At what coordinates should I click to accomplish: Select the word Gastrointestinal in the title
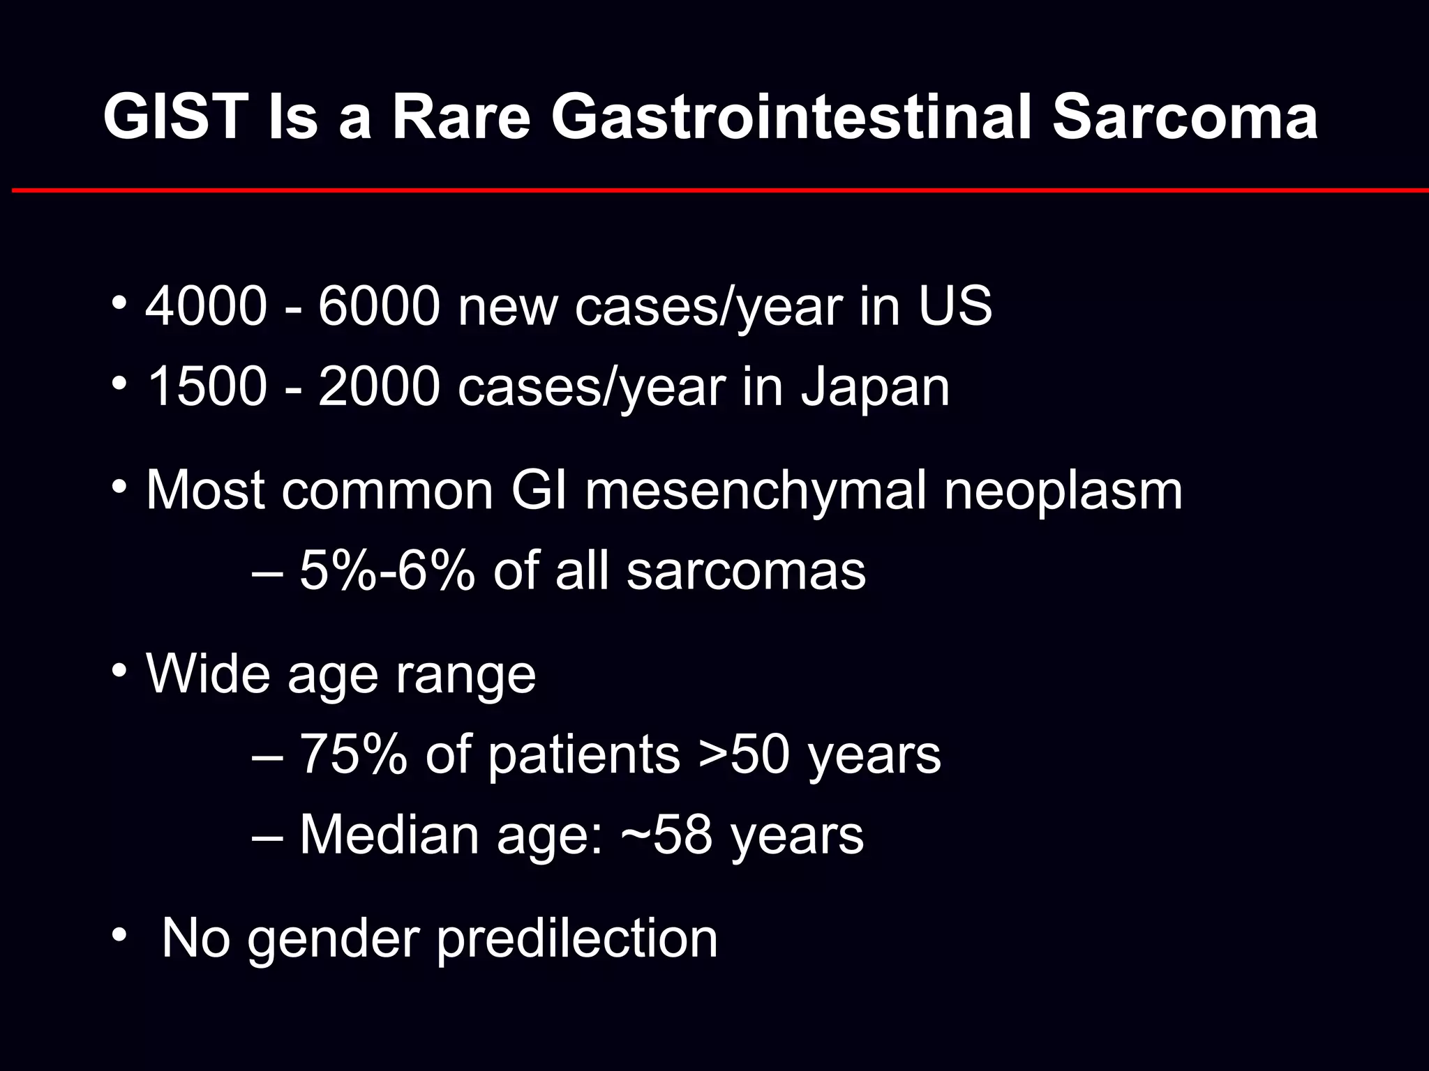tap(793, 116)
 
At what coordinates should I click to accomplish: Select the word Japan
tap(875, 387)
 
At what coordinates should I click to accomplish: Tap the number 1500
tap(206, 387)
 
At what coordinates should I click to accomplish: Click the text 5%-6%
tap(388, 570)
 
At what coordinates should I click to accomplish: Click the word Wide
tap(208, 674)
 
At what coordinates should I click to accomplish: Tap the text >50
tap(744, 754)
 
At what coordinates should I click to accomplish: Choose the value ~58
tap(666, 835)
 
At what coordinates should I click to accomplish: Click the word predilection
tap(576, 939)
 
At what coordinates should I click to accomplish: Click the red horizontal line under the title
tap(719, 190)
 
